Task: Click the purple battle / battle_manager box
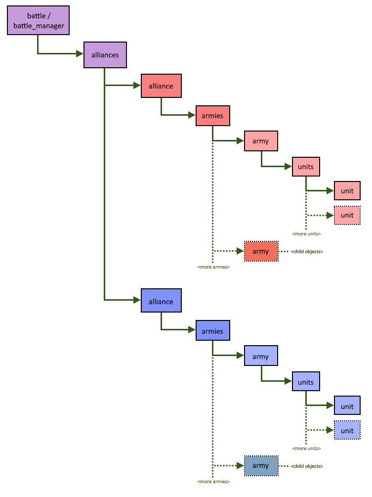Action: [39, 21]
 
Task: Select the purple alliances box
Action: [105, 55]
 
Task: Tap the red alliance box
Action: [161, 86]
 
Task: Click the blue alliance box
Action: [161, 302]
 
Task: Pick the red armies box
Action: [212, 116]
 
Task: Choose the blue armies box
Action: [212, 331]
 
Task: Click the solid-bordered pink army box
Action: [261, 141]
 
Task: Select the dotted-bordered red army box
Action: [261, 252]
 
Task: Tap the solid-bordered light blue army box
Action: [261, 357]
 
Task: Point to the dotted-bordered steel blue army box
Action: [261, 466]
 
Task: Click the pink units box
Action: [306, 167]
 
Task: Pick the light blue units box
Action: [306, 382]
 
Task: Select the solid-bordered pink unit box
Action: [347, 190]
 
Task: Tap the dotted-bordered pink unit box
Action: [347, 215]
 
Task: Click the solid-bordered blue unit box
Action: [347, 407]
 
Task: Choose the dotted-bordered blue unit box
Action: [347, 431]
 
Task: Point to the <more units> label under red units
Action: [306, 233]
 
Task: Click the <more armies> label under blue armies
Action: [213, 481]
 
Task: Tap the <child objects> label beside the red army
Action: [307, 252]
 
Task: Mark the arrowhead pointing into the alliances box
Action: [80, 53]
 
